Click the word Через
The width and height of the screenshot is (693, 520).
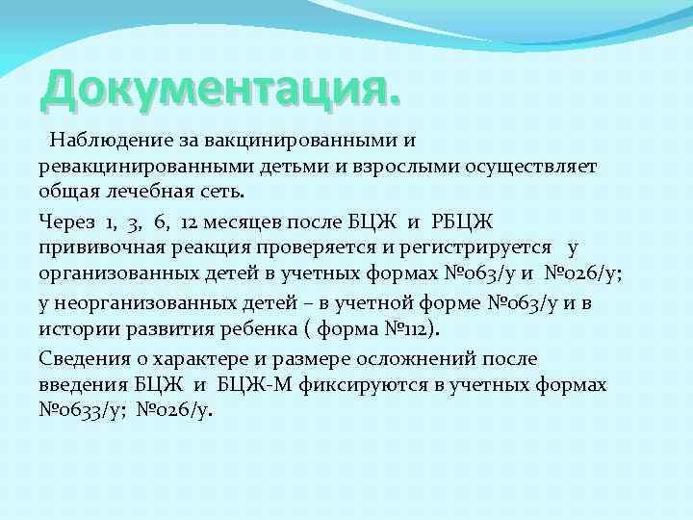66,222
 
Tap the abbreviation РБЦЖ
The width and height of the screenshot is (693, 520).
467,222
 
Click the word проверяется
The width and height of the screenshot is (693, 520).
307,247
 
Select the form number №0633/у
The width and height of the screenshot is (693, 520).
81,409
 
